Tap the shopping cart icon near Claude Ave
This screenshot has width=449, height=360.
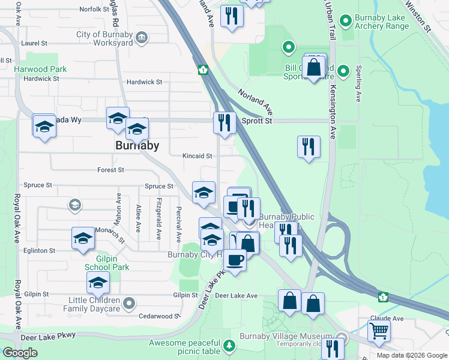379,330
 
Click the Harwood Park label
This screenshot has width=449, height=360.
40,69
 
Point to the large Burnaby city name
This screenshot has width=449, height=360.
137,146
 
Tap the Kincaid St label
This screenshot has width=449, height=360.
197,156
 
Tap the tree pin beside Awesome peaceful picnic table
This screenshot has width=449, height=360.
229,346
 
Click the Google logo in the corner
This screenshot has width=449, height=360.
20,353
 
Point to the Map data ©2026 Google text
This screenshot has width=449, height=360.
411,355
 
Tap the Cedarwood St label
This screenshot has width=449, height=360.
160,316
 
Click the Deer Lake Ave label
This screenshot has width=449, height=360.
236,296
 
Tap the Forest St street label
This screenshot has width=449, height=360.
110,170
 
